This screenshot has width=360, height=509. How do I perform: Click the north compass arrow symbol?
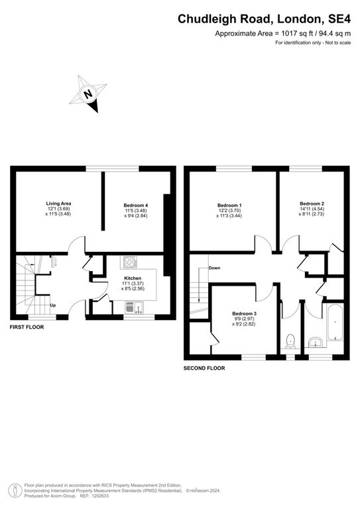click(88, 94)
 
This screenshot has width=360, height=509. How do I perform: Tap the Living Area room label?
click(58, 203)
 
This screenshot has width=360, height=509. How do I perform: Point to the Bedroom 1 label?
click(230, 205)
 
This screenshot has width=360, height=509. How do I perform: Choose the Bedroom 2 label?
click(312, 203)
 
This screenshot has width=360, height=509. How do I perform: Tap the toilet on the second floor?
click(288, 341)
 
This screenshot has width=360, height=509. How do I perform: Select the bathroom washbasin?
click(315, 343)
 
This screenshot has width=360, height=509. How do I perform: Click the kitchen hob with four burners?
click(129, 262)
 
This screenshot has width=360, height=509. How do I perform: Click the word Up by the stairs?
click(53, 306)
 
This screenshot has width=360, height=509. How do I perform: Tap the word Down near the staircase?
click(214, 268)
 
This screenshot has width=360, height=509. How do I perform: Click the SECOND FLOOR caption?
click(204, 367)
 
